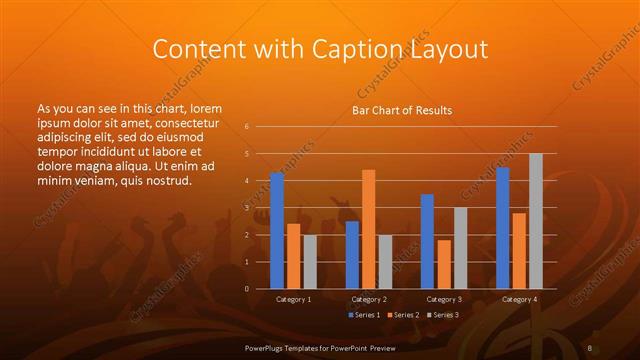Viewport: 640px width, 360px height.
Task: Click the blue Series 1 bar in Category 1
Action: [x=277, y=231]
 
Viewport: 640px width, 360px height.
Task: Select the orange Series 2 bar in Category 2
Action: [x=369, y=229]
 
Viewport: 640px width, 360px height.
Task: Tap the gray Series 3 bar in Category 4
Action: [x=536, y=221]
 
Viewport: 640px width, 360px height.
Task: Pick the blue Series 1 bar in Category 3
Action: [x=427, y=241]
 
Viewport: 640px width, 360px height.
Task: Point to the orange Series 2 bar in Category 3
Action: [x=444, y=264]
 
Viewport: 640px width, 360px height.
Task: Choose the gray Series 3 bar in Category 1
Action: [x=310, y=261]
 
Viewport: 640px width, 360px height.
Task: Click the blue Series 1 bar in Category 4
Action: [x=503, y=228]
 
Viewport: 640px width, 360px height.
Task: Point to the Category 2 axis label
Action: [x=369, y=299]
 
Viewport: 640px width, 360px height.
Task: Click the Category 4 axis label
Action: [x=519, y=299]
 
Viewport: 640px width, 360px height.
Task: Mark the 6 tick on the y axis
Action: [x=246, y=127]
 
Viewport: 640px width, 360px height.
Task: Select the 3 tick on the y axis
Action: [x=246, y=208]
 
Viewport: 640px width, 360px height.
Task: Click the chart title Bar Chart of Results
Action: [x=402, y=110]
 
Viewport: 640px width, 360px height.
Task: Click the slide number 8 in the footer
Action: [x=590, y=347]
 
